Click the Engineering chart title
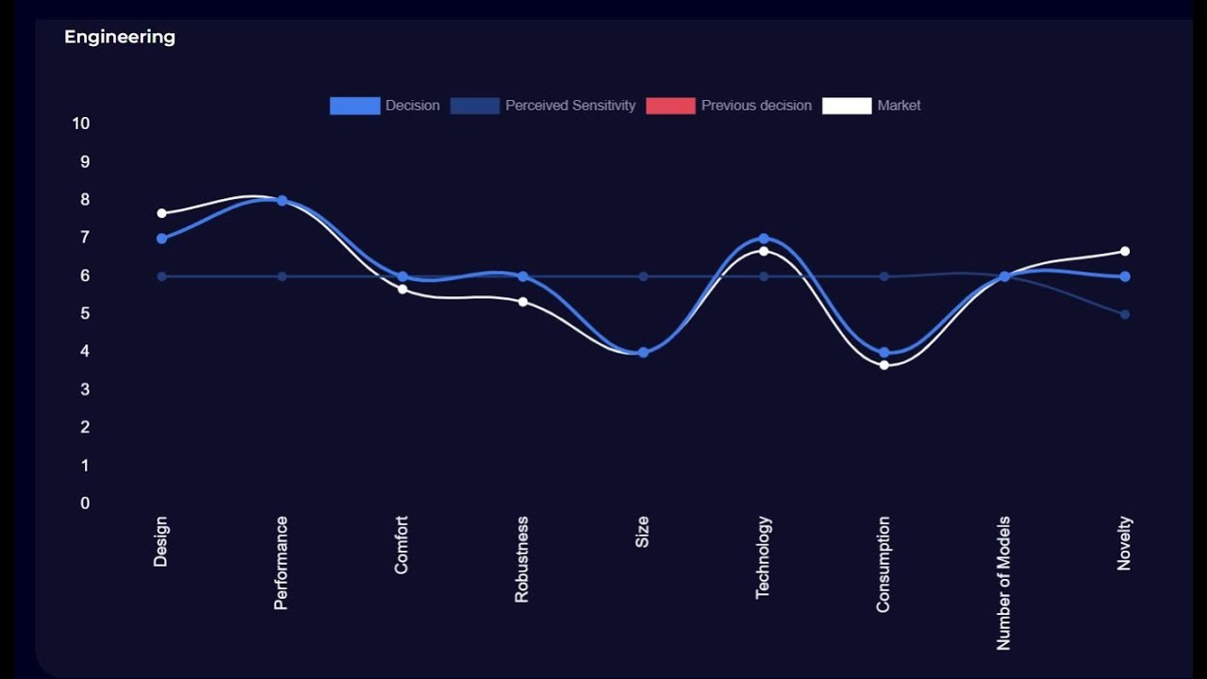120,37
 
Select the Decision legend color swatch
355,106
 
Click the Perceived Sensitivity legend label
570,106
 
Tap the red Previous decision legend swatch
670,106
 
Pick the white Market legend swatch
847,106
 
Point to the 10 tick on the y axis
81,124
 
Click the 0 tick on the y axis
85,504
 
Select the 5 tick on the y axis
85,314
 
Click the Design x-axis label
161,541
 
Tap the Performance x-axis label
281,562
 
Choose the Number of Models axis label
1004,583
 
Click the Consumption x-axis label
884,564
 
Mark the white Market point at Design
161,213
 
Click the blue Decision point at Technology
764,239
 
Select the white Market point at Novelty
1125,251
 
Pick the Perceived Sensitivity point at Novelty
1125,314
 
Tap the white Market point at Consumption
884,365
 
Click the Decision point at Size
643,353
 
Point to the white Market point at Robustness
522,302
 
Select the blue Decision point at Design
161,239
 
